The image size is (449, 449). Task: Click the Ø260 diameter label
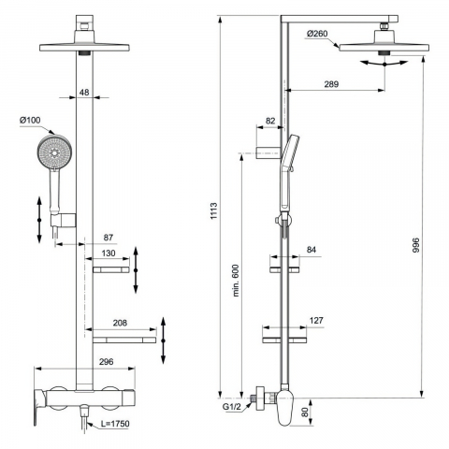(x=317, y=34)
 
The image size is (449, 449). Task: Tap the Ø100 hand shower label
(x=30, y=120)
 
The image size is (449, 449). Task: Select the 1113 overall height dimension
(x=213, y=211)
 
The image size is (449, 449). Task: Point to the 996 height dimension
(x=416, y=245)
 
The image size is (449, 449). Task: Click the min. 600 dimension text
(x=236, y=281)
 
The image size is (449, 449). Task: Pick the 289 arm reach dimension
(x=331, y=84)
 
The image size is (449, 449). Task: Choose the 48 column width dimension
(x=84, y=93)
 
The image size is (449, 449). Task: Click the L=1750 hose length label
(x=115, y=424)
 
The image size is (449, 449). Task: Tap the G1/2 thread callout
(x=231, y=407)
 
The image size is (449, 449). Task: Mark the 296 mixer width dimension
(x=107, y=362)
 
